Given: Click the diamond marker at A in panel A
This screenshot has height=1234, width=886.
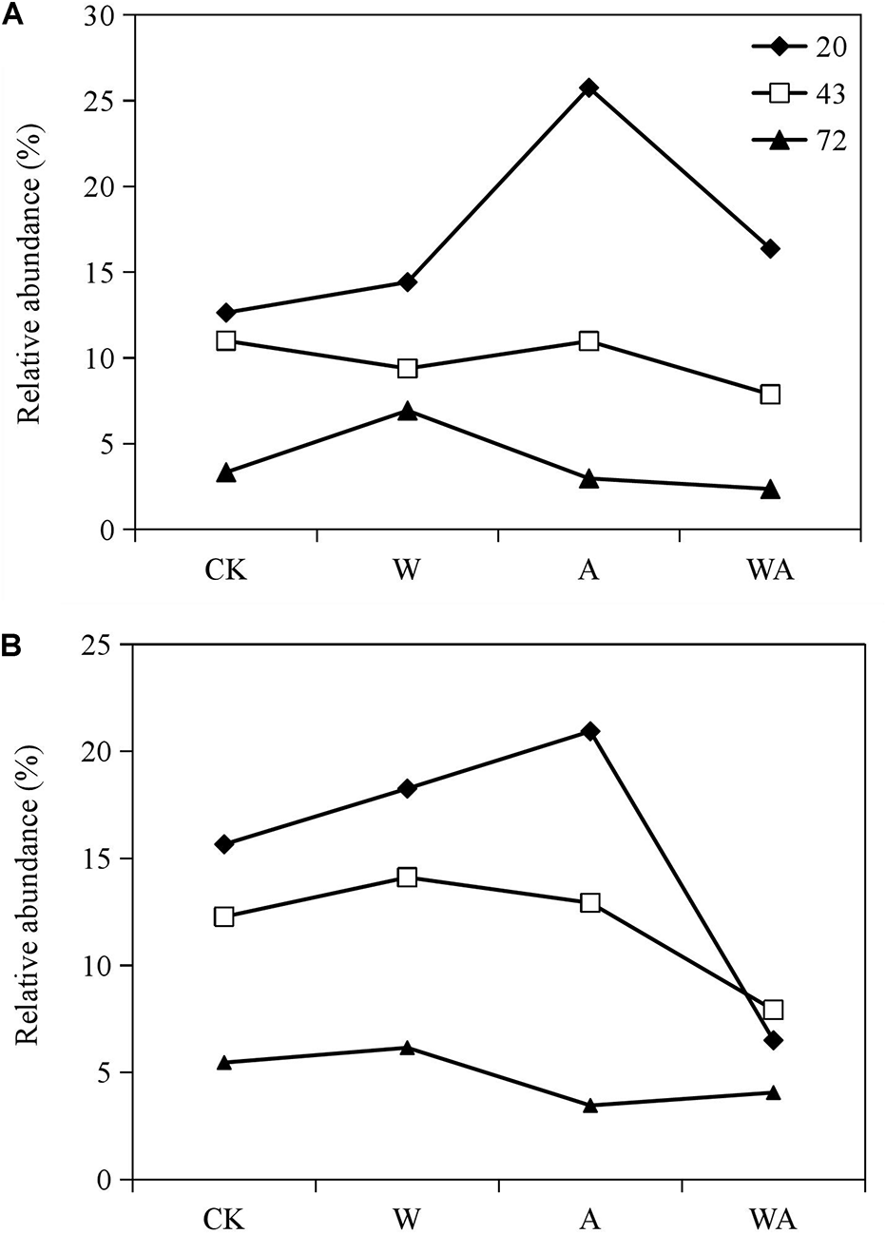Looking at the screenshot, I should tap(589, 88).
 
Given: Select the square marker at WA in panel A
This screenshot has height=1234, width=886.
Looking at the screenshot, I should tap(770, 394).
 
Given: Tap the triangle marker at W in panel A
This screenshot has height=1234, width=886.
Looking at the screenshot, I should tap(407, 412).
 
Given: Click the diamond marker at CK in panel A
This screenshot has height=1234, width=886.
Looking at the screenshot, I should tap(226, 312).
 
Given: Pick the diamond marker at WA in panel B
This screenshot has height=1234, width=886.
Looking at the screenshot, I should tap(773, 1040).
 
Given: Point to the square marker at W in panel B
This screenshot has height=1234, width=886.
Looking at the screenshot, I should tap(407, 877).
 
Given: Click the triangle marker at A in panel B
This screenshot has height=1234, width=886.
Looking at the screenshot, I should tap(590, 1105).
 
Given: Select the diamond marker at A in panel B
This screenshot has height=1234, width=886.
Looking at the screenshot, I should tap(590, 731).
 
